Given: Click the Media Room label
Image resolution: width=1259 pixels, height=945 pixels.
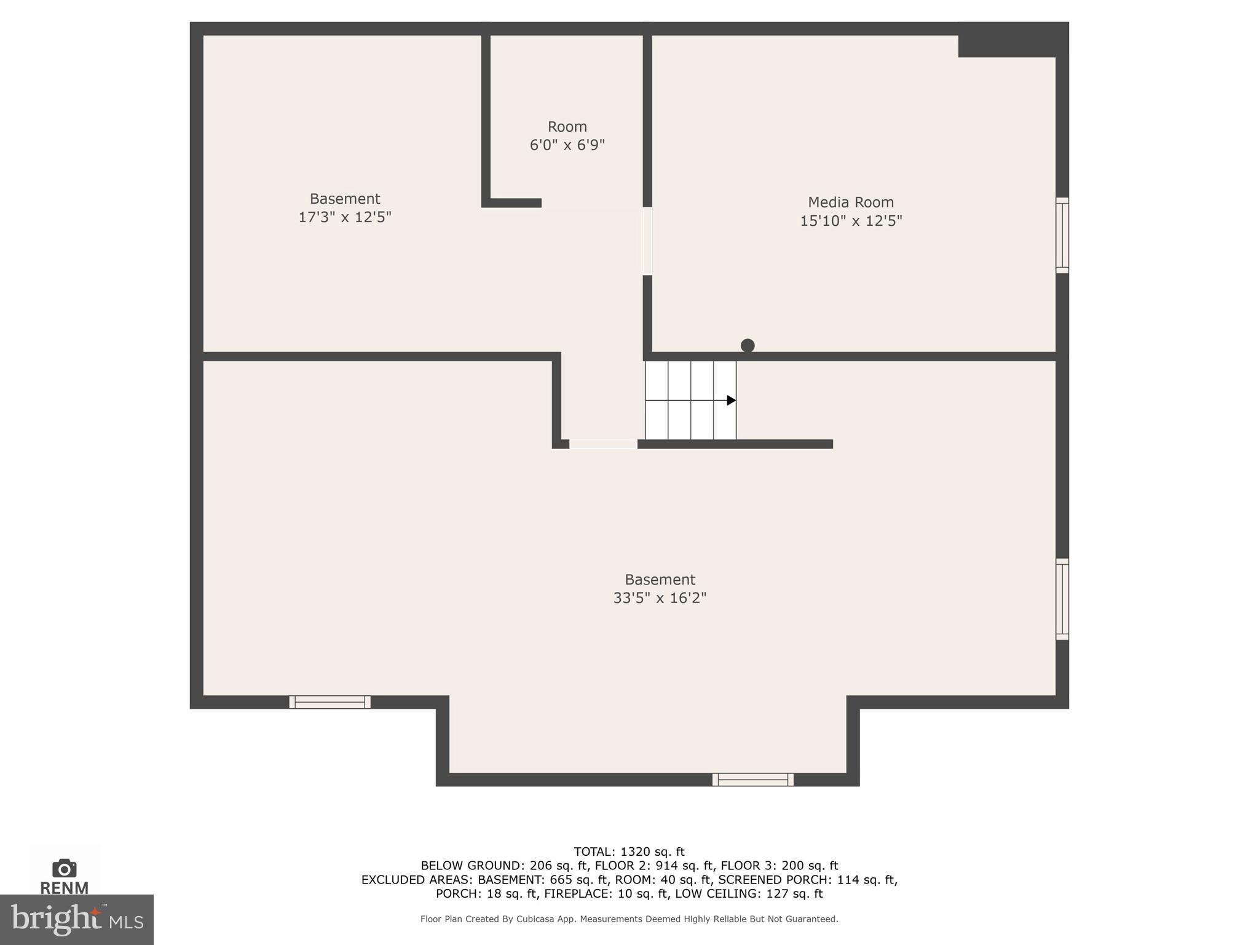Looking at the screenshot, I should pyautogui.click(x=850, y=202).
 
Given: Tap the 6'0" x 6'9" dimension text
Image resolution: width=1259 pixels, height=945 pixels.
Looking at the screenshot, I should pyautogui.click(x=567, y=145).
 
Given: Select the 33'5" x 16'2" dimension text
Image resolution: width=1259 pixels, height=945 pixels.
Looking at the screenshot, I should pyautogui.click(x=660, y=598).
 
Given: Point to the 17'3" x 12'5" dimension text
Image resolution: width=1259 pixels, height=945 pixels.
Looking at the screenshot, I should pyautogui.click(x=344, y=217).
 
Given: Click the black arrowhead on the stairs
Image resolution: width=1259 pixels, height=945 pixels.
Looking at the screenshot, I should pyautogui.click(x=731, y=401).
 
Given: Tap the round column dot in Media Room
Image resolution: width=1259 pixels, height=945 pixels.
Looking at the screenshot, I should pyautogui.click(x=748, y=346).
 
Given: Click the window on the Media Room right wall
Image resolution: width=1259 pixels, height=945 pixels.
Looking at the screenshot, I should pyautogui.click(x=1062, y=235).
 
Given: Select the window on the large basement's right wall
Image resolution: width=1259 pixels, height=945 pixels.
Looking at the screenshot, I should pyautogui.click(x=1062, y=599).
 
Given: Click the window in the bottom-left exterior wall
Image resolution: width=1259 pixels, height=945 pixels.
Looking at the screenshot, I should pyautogui.click(x=330, y=702).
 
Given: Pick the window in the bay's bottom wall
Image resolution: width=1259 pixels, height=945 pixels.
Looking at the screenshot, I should pyautogui.click(x=752, y=780).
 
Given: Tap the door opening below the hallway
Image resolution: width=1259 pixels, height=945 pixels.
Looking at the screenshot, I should pyautogui.click(x=603, y=444).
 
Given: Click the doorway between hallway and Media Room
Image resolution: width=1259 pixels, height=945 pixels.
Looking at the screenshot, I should pyautogui.click(x=647, y=241).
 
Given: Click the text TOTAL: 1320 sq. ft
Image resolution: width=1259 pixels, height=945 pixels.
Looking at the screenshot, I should pyautogui.click(x=629, y=851).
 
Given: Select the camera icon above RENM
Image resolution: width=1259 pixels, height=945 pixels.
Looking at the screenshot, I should pyautogui.click(x=65, y=868).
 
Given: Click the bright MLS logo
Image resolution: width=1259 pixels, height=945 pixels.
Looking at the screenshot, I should pyautogui.click(x=76, y=919).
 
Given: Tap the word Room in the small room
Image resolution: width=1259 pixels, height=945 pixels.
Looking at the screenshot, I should pyautogui.click(x=567, y=127).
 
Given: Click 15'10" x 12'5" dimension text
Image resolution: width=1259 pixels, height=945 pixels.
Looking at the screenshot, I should pyautogui.click(x=850, y=221).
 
